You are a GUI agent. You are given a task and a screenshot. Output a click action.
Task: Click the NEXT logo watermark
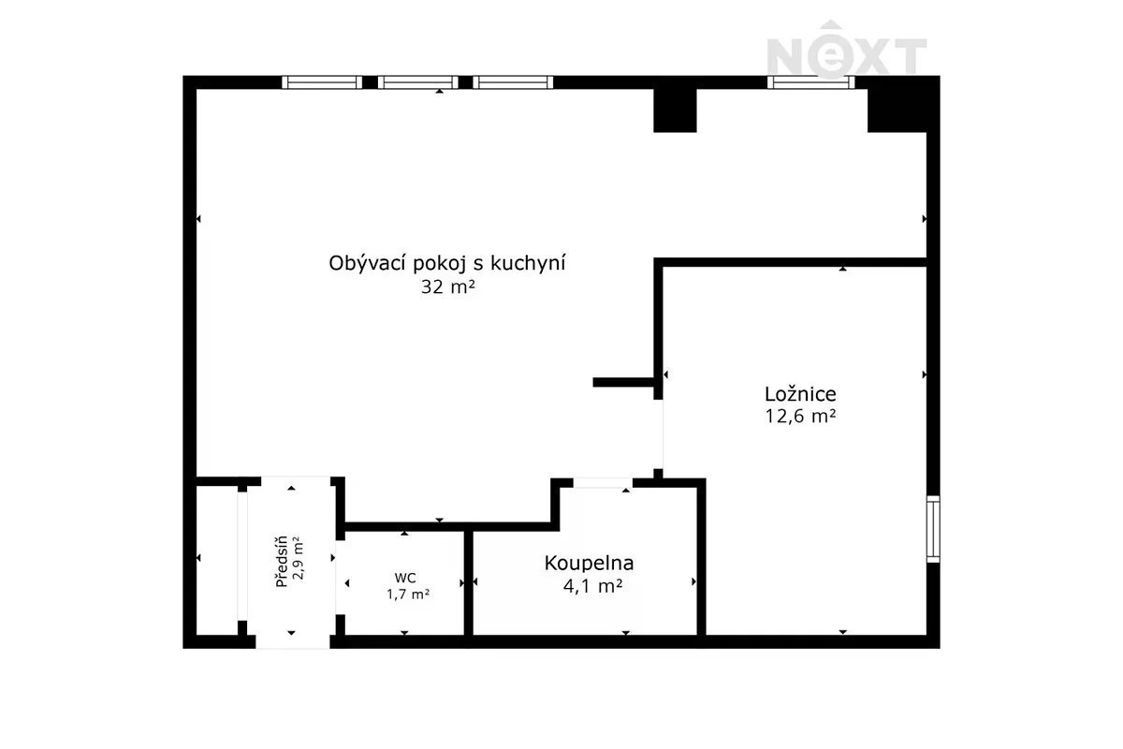[x=847, y=50]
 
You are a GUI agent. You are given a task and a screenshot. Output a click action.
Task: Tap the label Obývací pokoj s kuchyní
[x=447, y=264]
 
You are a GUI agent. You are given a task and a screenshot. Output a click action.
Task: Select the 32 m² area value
[x=447, y=286]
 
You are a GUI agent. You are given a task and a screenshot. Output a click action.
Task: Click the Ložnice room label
[x=800, y=395]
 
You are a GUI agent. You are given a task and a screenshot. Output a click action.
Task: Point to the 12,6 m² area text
[x=800, y=417]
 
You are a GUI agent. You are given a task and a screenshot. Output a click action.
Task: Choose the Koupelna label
[x=589, y=564]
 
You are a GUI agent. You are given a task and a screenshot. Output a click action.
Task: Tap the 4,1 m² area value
[x=593, y=586]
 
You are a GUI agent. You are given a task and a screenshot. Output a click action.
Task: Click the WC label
[x=405, y=578]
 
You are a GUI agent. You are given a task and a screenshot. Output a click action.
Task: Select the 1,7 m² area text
[x=408, y=595]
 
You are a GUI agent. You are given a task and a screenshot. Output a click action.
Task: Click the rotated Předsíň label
[x=282, y=562]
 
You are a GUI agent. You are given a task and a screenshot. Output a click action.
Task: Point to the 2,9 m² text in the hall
[x=299, y=558]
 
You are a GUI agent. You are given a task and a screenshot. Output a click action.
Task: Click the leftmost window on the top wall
[x=322, y=82]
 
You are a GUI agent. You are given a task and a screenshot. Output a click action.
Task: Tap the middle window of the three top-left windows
[x=417, y=82]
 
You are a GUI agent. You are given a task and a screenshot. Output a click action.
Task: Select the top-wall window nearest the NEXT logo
[x=810, y=82]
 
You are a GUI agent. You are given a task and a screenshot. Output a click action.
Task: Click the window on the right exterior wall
[x=933, y=529]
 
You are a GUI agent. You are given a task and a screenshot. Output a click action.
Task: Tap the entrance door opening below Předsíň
[x=293, y=641]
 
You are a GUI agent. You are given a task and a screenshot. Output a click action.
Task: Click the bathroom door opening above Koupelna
[x=603, y=482]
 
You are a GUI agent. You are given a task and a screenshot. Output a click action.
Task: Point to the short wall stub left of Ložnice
[x=623, y=382]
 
